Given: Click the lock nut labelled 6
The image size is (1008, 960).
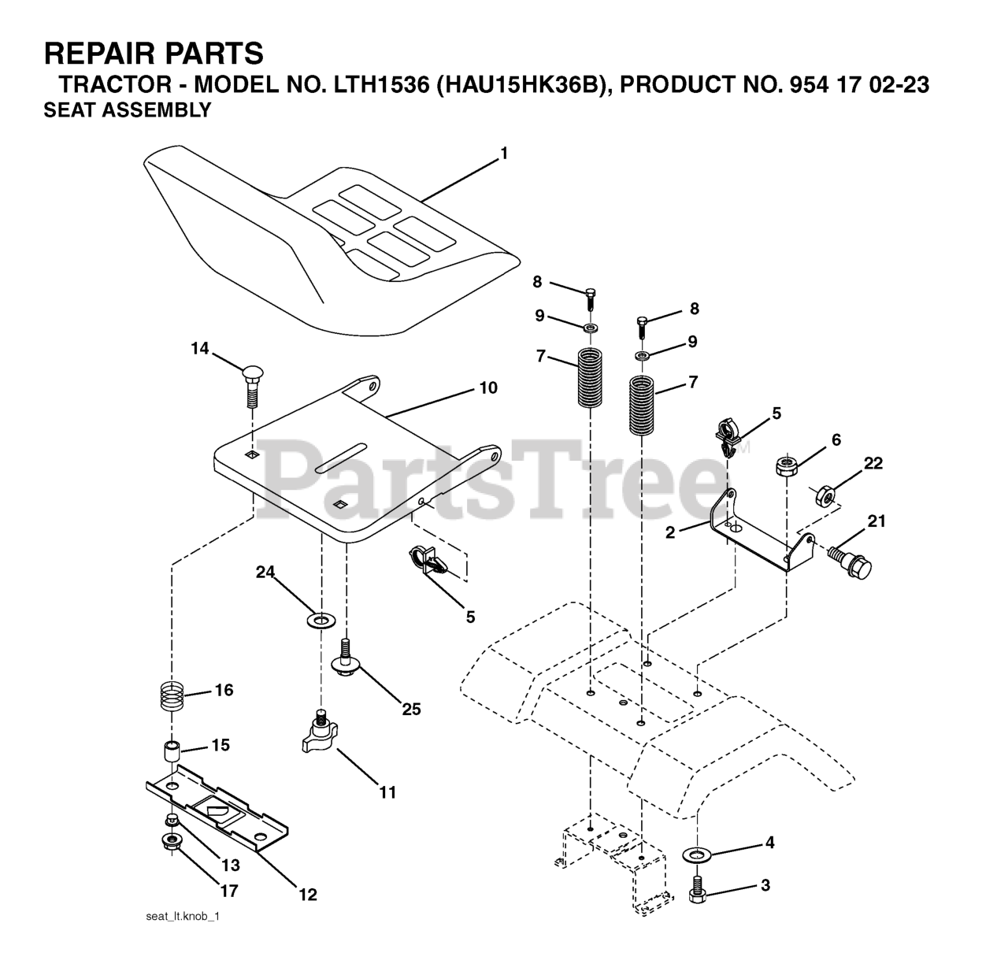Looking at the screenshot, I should (785, 465).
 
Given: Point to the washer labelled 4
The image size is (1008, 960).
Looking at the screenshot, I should (696, 853).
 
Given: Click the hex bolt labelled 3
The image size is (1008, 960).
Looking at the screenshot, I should (696, 888).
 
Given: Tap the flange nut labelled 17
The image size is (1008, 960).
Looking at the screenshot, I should (173, 843).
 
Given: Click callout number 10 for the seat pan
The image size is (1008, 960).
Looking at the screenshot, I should (488, 388).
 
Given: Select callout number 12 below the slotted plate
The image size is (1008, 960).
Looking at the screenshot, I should (307, 894).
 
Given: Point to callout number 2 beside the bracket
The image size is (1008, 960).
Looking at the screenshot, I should (670, 532).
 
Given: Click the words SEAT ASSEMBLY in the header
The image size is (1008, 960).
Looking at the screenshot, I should (128, 110).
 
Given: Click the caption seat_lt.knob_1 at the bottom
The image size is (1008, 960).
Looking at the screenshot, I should (181, 917).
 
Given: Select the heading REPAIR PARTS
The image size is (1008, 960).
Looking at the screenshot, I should (154, 54).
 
